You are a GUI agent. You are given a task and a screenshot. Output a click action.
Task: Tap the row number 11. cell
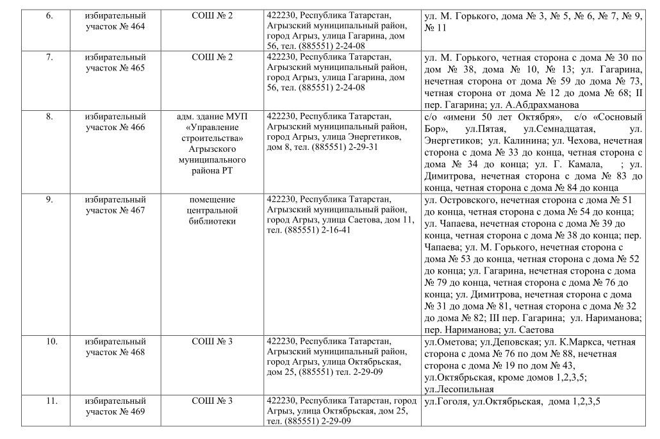(x=51, y=402)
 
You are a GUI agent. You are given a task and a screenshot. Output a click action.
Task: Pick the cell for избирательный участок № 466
(x=116, y=122)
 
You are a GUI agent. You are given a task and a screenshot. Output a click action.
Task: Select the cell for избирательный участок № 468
(x=116, y=347)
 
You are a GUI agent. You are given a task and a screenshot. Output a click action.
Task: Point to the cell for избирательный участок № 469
(x=116, y=407)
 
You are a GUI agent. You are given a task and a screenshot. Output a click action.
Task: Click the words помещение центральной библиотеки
(x=212, y=210)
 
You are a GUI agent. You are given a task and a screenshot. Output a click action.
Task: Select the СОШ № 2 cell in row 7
(x=212, y=58)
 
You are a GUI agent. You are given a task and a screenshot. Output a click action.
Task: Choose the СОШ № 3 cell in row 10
(x=212, y=342)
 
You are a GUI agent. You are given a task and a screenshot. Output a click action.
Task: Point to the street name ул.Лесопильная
(x=459, y=388)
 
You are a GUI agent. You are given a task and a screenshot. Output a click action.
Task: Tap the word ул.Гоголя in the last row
(x=445, y=402)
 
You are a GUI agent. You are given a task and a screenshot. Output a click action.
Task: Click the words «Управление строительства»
(x=212, y=132)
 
